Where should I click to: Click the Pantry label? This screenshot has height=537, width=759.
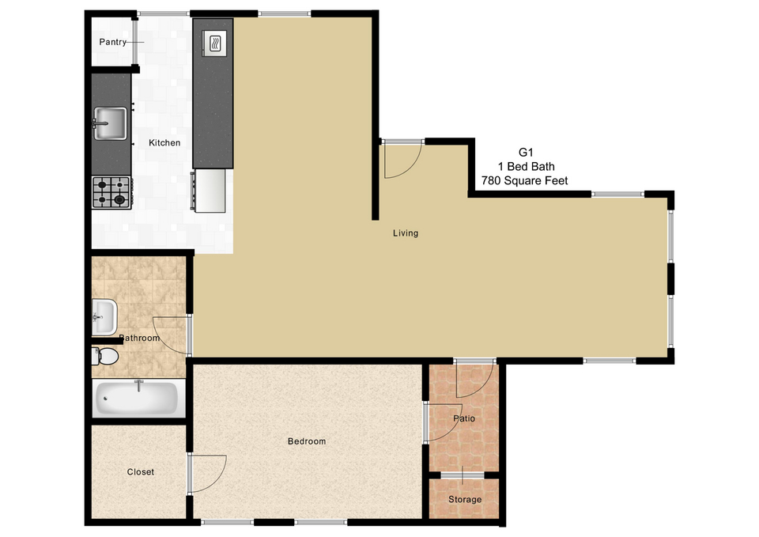pos(113,42)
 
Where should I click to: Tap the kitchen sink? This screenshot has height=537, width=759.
pos(110,123)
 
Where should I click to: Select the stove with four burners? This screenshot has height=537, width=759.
pos(111,192)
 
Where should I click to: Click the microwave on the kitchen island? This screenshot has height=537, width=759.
pos(214,43)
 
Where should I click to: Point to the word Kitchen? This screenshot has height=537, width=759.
pos(164,143)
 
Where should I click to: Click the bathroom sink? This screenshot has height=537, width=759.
pos(104,317)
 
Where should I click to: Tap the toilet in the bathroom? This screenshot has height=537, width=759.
pos(105,357)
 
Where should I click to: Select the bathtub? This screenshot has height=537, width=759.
pos(136,398)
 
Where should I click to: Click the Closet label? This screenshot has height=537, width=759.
pos(141,472)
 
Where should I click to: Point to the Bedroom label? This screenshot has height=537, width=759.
pos(307,441)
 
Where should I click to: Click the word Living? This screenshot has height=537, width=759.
pos(405,233)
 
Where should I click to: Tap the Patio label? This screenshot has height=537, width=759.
pos(464,418)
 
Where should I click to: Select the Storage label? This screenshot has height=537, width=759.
pos(465,499)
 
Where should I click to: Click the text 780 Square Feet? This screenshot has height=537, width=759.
pos(524,180)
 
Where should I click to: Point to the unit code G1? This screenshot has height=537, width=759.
pos(526,152)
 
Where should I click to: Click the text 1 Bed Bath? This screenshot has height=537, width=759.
pos(527,167)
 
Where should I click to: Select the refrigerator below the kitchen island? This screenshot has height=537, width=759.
pos(210,191)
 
